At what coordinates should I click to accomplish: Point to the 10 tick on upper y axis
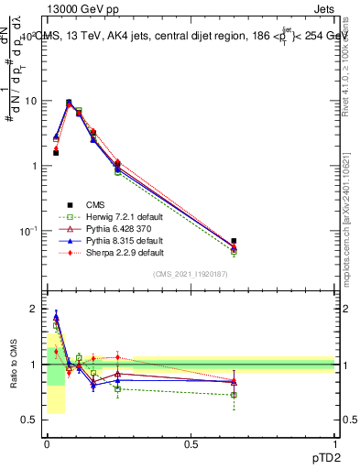pyautogui.click(x=34, y=101)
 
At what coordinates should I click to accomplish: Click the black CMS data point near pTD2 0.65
pyautogui.click(x=234, y=241)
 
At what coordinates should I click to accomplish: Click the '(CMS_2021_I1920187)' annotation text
pyautogui.click(x=190, y=273)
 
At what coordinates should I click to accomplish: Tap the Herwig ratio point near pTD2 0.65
pyautogui.click(x=234, y=395)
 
